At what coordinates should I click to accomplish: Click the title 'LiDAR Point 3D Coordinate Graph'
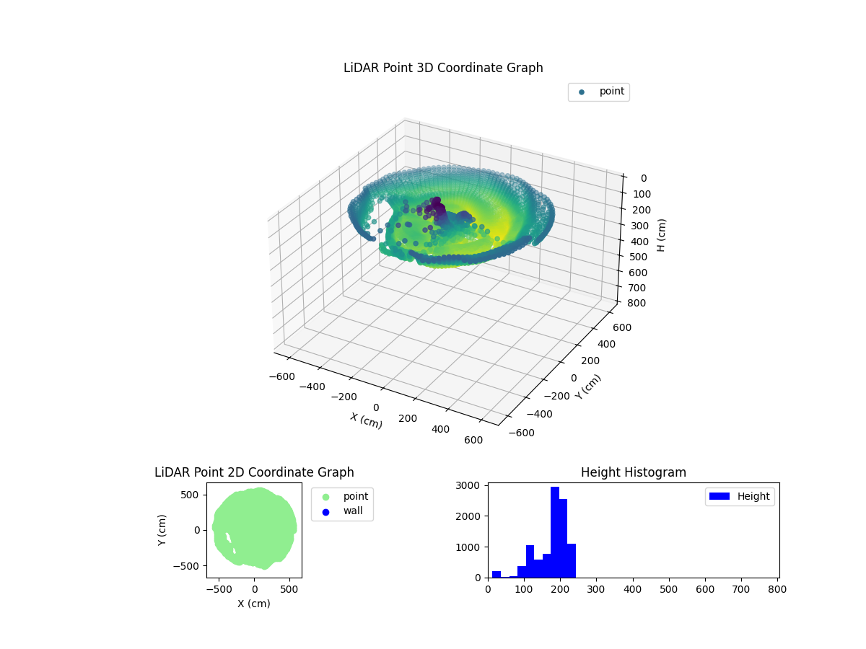443,68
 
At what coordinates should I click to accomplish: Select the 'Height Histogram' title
633,472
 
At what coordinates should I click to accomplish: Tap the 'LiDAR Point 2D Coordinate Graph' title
254,472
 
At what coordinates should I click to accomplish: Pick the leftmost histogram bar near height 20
496,574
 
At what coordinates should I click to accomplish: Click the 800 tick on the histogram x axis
777,590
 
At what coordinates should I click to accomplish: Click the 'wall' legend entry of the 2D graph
353,511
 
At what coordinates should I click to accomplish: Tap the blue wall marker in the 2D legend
325,511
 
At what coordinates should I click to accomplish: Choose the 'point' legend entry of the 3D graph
612,92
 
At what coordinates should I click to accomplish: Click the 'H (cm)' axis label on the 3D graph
662,235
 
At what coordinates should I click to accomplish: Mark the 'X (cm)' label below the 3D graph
367,420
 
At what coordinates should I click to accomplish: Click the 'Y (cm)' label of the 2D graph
162,529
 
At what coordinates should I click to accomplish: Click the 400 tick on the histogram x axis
632,590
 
